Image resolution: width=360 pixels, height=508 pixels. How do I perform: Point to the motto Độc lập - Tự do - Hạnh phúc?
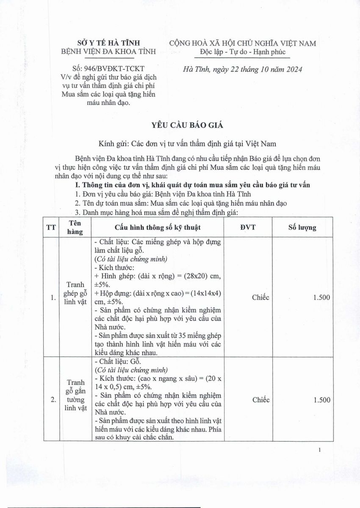243,52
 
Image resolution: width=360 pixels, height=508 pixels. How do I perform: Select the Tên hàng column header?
75,227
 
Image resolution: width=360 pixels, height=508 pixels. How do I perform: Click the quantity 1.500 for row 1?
321,298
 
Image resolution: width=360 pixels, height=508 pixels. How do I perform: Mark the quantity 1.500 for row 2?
322,400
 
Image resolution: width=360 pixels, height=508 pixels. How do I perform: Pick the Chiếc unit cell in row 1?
260,298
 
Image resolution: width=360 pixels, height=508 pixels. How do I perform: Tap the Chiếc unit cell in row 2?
260,400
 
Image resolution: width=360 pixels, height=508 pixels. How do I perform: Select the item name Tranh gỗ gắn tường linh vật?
75,395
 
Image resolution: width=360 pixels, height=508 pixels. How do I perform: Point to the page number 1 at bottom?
319,450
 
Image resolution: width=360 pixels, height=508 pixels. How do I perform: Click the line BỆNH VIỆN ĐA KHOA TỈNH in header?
109,52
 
